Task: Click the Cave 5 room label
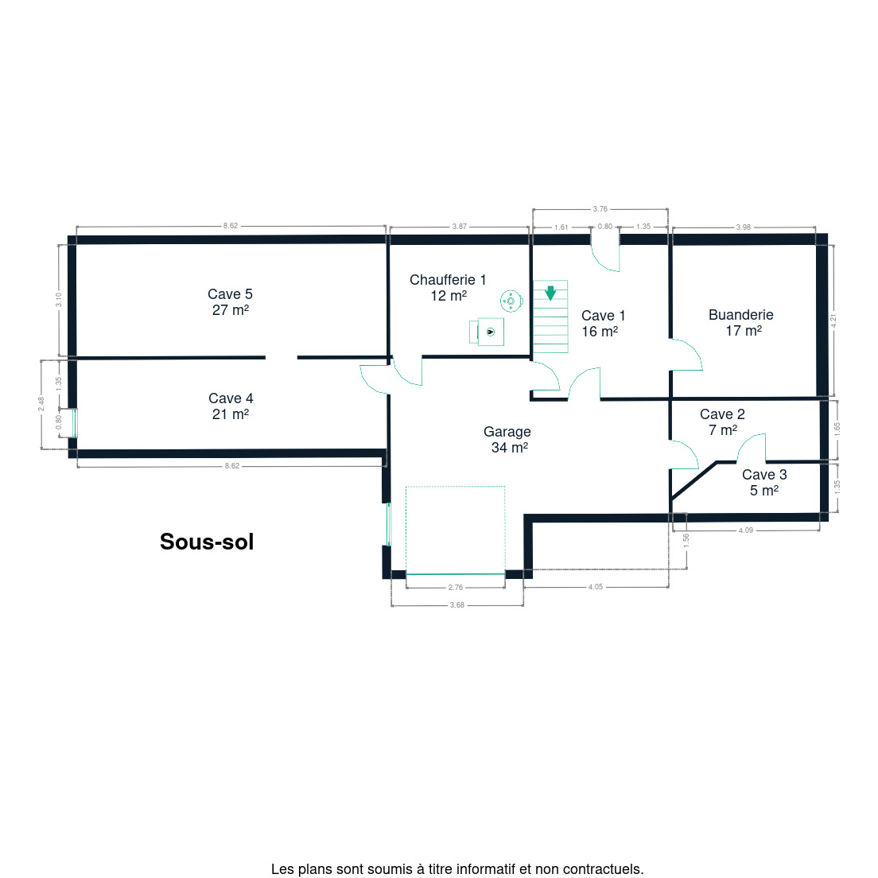230,302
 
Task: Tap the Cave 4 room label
231,406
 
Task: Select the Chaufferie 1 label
448,287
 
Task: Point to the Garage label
507,439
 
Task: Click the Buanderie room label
741,323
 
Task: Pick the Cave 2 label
722,422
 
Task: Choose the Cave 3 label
764,482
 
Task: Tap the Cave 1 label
603,323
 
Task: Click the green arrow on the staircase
550,293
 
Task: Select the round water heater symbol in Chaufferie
511,301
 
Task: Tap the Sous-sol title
207,542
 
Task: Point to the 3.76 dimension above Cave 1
600,209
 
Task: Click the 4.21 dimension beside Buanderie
833,321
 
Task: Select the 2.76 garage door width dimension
456,588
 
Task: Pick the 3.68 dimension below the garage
457,604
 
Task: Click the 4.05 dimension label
595,587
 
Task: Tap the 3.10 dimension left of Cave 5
58,300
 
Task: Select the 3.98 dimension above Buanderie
743,227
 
